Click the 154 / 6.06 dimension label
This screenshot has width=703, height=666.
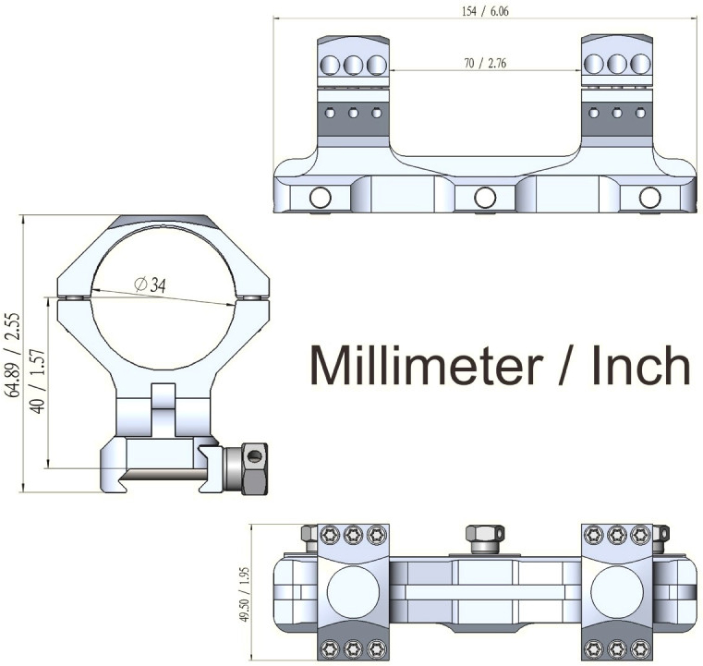pos(483,10)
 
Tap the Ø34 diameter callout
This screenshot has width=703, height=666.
pos(150,286)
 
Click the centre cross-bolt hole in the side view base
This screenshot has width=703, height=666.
pos(484,197)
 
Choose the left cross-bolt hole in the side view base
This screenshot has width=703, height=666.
pos(321,197)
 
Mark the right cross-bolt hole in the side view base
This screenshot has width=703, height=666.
pos(649,197)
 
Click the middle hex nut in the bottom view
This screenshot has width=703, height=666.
pos(484,536)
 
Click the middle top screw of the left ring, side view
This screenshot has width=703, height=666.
pos(353,65)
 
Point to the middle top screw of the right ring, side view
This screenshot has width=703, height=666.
pos(617,65)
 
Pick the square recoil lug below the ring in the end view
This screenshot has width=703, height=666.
pos(164,406)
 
